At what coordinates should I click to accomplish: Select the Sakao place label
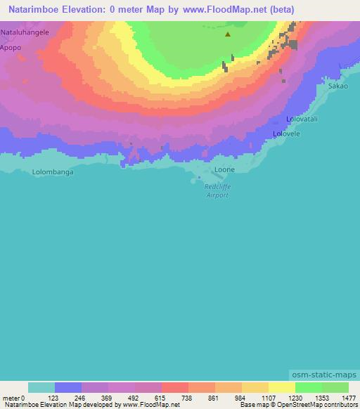coord(337,85)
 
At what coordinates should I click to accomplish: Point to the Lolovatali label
coord(302,119)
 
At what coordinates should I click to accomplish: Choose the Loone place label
coord(224,170)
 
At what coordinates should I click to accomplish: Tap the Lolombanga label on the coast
coord(53,171)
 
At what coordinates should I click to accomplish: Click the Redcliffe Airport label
coord(216,191)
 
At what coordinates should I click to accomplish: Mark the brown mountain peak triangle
coord(227,34)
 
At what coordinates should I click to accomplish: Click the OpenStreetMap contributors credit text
coord(323,405)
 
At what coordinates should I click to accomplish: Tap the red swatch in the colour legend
coord(174,387)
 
